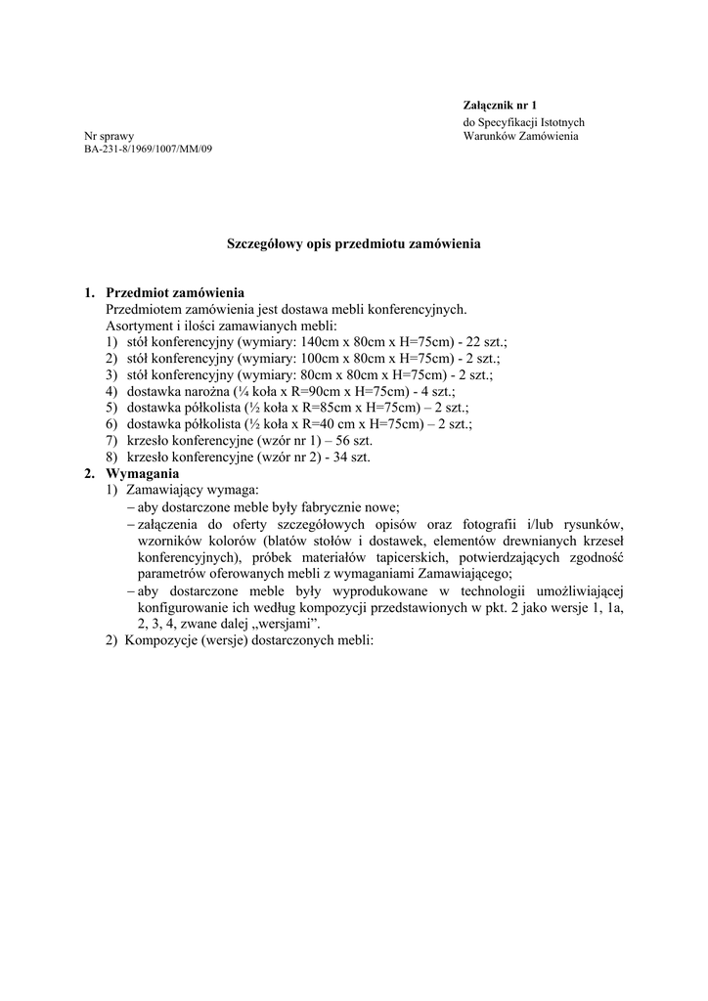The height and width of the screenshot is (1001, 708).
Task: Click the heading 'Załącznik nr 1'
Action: click(x=501, y=104)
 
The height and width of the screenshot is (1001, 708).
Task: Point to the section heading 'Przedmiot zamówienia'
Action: click(x=175, y=292)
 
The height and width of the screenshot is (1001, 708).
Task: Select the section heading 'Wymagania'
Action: click(x=143, y=473)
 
